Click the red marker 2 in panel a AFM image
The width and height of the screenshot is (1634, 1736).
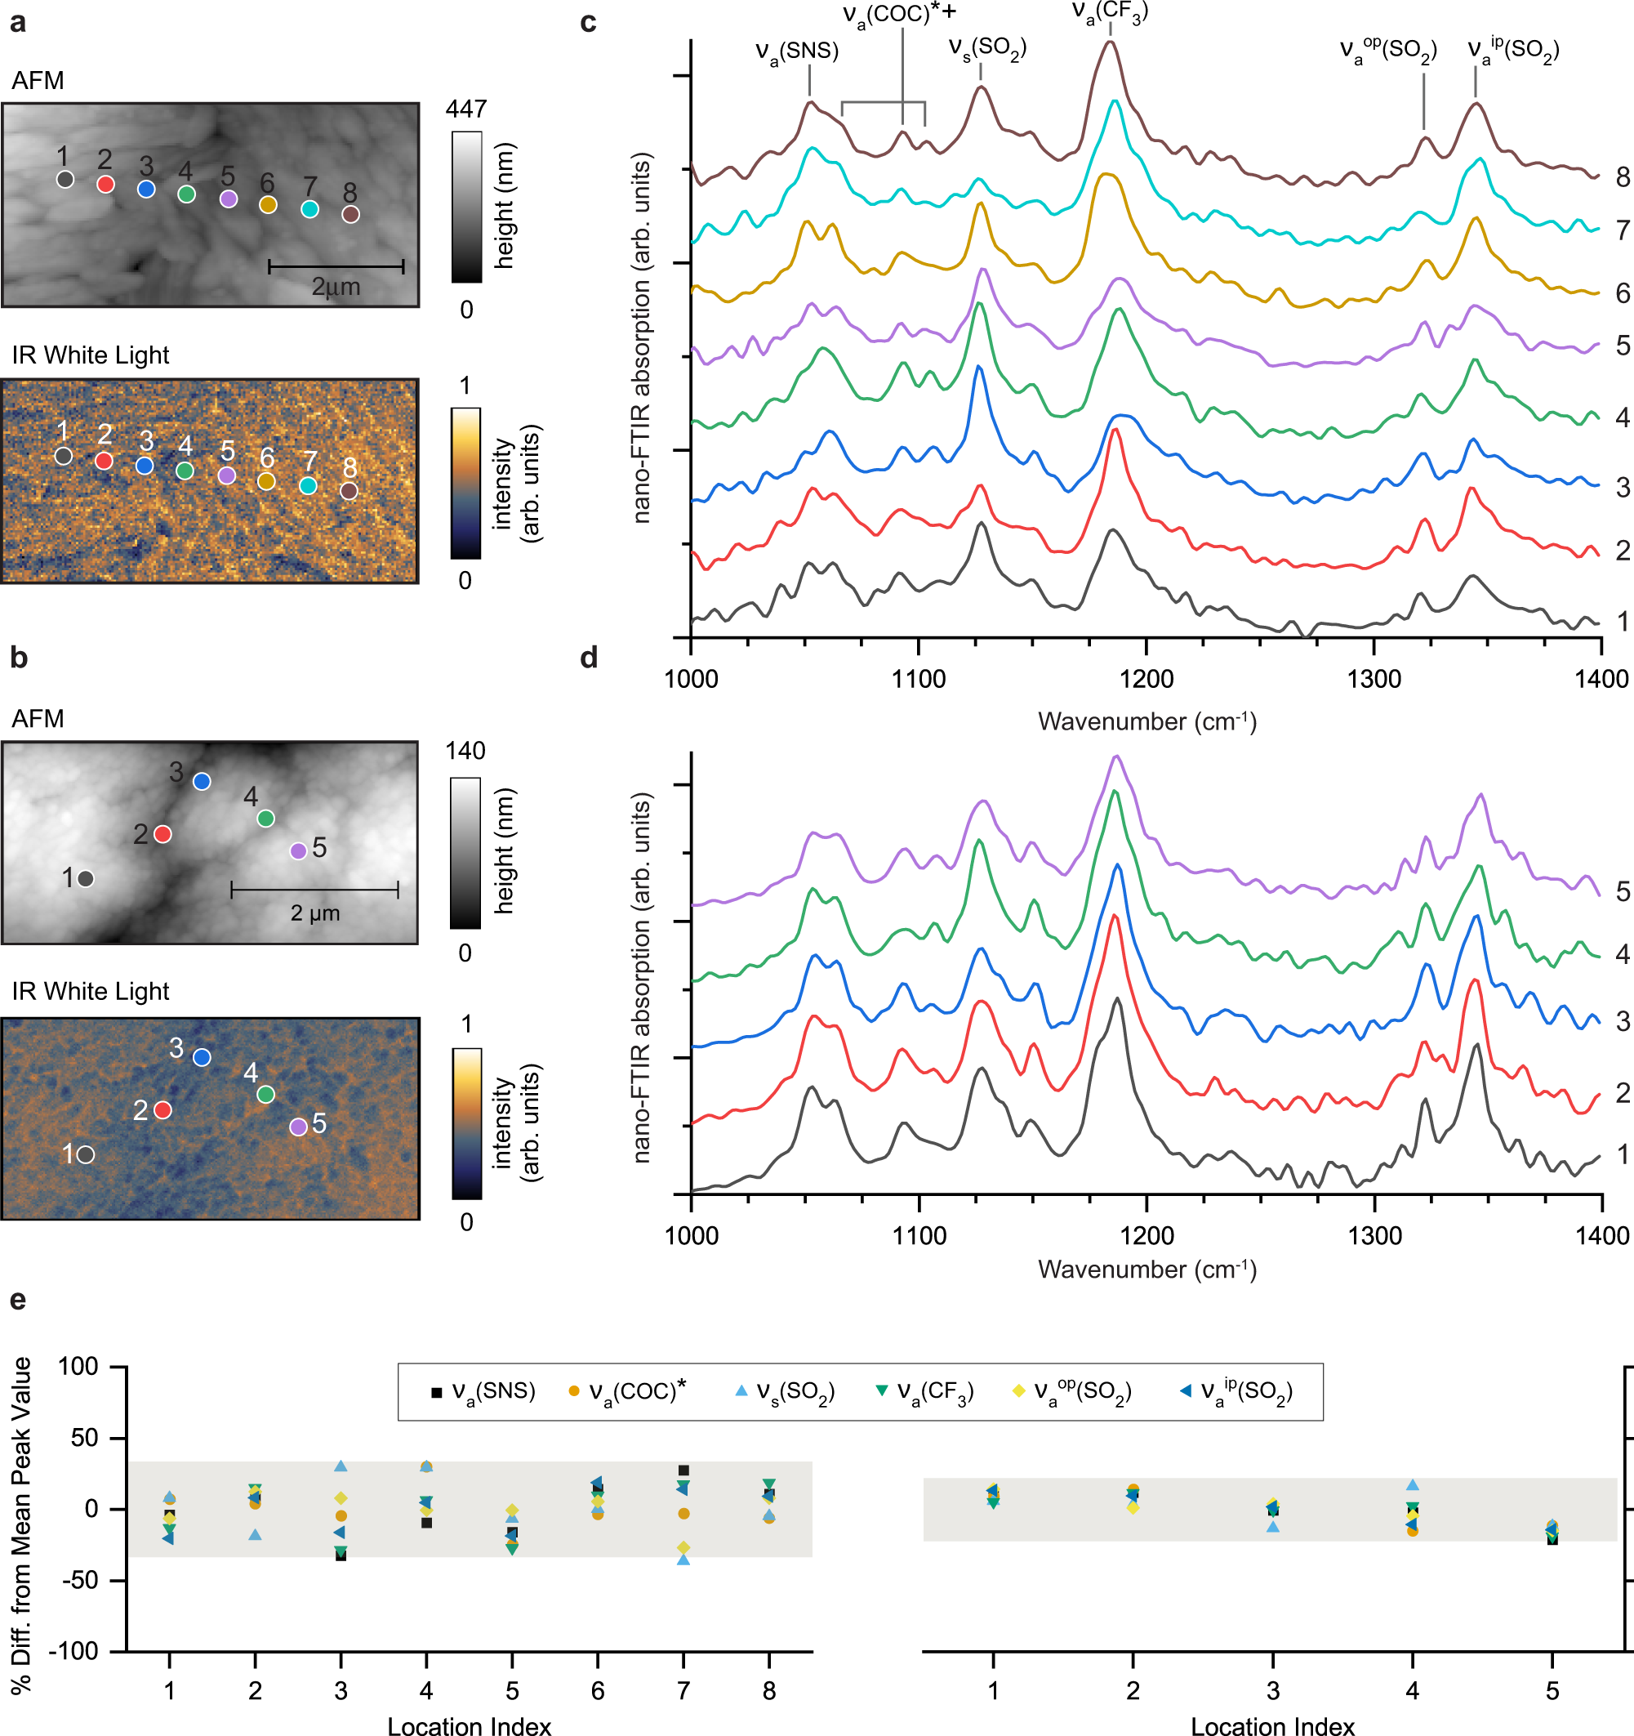(105, 185)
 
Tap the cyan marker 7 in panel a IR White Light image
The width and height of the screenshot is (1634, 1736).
(308, 485)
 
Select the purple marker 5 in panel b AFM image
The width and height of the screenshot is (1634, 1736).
(297, 850)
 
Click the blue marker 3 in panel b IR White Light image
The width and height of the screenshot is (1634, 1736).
(202, 1057)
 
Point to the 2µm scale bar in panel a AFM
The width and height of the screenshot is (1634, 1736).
(336, 266)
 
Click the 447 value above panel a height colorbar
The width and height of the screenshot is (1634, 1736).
(466, 109)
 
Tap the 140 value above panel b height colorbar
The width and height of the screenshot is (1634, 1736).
(465, 751)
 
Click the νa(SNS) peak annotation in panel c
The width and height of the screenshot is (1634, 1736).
(796, 51)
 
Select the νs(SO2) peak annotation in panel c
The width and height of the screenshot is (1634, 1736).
(987, 47)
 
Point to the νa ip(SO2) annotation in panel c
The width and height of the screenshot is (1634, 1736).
(1512, 49)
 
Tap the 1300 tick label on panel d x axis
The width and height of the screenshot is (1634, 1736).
(1375, 1236)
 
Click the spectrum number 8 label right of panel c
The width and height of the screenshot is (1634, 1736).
(1622, 177)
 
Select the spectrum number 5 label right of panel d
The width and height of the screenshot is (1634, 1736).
(1622, 891)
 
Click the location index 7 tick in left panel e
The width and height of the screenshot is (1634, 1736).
(683, 1690)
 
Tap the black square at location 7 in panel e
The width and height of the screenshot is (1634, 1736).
(683, 1470)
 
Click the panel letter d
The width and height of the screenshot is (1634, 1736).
(590, 658)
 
